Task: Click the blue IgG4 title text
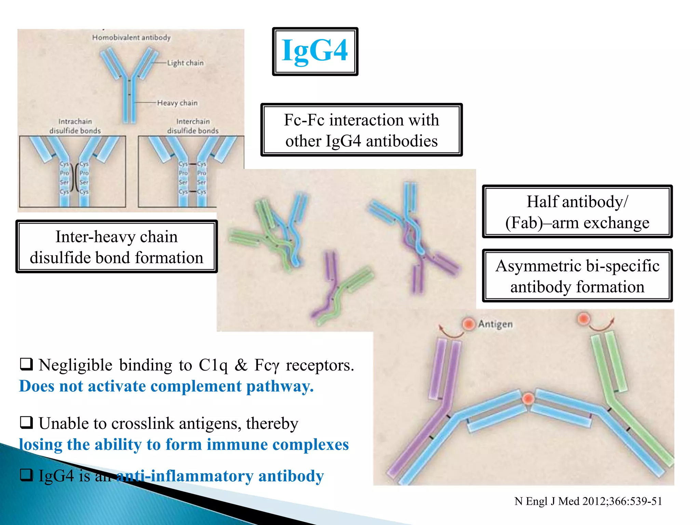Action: [x=314, y=51]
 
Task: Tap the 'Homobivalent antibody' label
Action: [x=131, y=38]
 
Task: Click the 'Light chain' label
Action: [x=185, y=63]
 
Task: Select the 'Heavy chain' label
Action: [x=177, y=103]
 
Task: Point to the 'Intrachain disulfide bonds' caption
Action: [x=75, y=126]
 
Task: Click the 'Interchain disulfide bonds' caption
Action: [x=193, y=126]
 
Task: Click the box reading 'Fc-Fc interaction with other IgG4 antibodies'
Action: [x=361, y=130]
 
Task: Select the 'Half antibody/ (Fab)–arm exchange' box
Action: [x=577, y=212]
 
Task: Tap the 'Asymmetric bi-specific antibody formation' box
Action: [x=577, y=276]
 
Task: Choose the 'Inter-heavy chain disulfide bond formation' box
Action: [x=116, y=247]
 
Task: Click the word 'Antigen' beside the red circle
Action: [x=495, y=324]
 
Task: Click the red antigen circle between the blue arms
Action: [x=528, y=399]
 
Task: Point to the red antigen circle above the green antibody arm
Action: [x=583, y=319]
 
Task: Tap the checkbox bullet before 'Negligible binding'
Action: [x=26, y=364]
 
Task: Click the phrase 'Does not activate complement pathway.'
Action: [x=166, y=387]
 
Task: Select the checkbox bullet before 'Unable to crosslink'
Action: [x=26, y=422]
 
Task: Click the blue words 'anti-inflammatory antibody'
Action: [x=220, y=476]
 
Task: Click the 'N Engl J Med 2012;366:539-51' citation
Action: [x=588, y=501]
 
